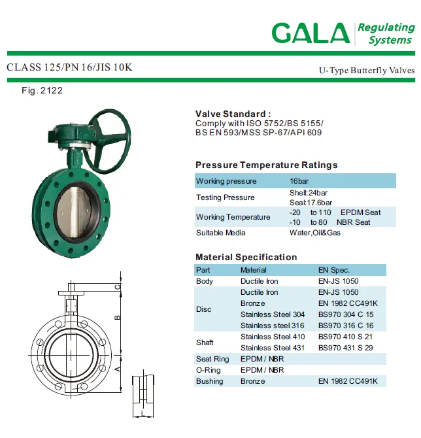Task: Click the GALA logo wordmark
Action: coord(311,33)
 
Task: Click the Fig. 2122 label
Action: coord(42,90)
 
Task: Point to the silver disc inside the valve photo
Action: coord(73,212)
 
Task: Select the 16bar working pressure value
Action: coord(299,181)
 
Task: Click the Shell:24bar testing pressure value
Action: coord(309,193)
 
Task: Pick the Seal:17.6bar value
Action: coord(311,203)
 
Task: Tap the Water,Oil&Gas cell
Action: coord(315,233)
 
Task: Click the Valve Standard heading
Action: coord(233,114)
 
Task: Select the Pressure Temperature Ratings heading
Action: coord(267,165)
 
